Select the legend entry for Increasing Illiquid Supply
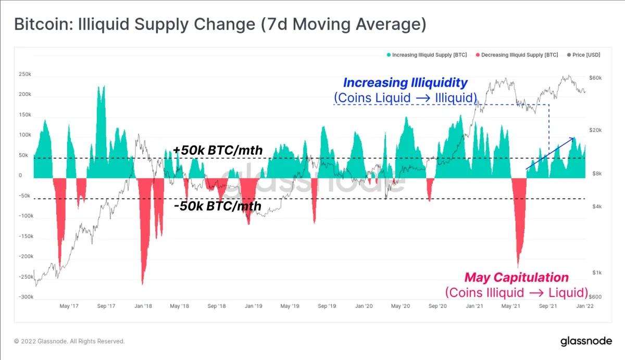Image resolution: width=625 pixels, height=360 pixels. tap(426, 55)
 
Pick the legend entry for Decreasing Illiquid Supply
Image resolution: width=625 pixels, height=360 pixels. tap(517, 55)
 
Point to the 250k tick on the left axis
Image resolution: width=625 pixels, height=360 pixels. tap(24, 75)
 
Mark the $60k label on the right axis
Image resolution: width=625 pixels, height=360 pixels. tap(596, 78)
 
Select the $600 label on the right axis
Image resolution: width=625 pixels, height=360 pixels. tap(595, 297)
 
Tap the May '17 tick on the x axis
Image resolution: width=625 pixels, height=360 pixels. tap(69, 306)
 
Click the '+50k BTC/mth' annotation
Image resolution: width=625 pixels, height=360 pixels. tap(218, 151)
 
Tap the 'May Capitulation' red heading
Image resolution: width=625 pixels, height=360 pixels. tap(516, 277)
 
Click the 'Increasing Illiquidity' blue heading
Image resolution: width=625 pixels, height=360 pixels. tap(405, 83)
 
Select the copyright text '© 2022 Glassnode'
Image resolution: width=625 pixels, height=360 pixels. tap(69, 341)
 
